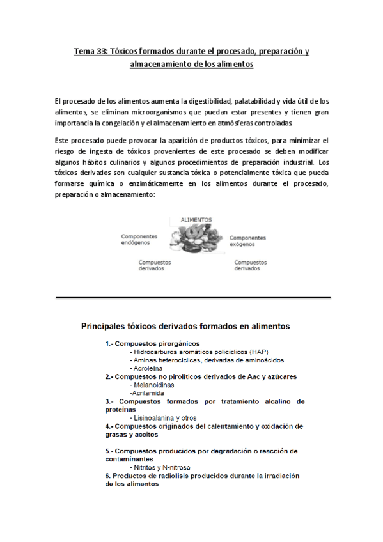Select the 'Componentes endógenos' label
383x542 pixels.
point(139,239)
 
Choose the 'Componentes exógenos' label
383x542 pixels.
point(247,240)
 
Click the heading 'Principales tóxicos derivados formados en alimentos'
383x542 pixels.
point(185,326)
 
